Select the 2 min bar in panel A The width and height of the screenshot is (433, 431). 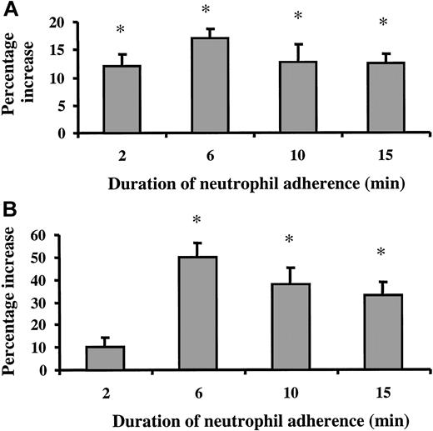(122, 99)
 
